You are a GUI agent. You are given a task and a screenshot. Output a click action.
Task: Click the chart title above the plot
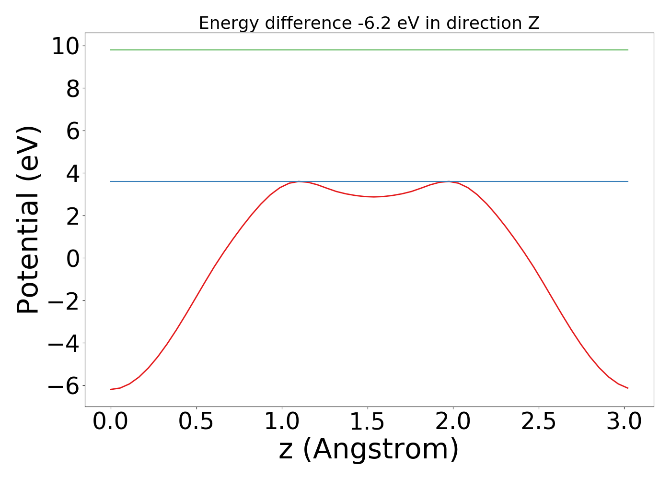[369, 23]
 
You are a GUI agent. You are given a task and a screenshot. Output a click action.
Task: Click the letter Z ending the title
[534, 23]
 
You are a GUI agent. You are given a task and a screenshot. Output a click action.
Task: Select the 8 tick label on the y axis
[73, 89]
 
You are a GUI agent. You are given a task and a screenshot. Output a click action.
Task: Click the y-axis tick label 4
[73, 173]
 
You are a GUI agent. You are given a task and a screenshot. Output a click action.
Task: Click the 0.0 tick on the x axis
[111, 422]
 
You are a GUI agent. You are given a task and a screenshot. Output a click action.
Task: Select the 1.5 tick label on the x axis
[367, 422]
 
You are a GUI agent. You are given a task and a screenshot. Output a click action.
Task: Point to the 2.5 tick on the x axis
[539, 422]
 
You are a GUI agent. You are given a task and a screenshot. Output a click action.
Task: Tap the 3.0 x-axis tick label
[624, 422]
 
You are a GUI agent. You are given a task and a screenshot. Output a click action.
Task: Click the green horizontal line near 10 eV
[369, 50]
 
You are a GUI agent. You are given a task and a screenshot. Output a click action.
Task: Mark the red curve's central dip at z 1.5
[374, 196]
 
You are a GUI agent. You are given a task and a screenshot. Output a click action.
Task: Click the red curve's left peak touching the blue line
[299, 181]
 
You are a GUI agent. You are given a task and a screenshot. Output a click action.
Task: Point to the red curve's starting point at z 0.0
[111, 389]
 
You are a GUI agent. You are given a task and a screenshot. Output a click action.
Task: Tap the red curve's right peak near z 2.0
[449, 181]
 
